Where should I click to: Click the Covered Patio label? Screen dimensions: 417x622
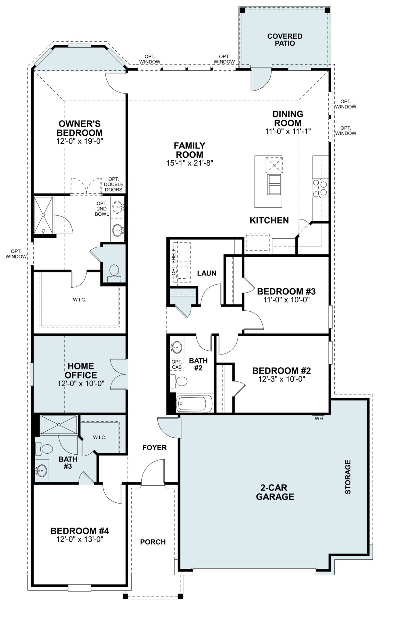click(x=285, y=40)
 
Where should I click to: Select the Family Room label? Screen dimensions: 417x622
click(x=189, y=150)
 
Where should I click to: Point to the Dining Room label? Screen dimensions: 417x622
click(x=288, y=118)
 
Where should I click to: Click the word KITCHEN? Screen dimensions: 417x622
click(x=269, y=220)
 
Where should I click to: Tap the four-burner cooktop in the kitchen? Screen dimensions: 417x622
click(x=320, y=188)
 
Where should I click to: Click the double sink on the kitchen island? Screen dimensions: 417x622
click(x=274, y=184)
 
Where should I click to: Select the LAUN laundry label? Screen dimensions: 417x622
click(x=207, y=273)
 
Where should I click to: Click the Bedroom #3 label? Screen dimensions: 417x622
click(x=286, y=291)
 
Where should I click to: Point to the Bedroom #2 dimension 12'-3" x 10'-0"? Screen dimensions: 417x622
click(x=282, y=379)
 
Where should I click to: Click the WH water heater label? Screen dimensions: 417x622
click(x=319, y=419)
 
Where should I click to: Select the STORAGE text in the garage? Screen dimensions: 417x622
click(x=348, y=477)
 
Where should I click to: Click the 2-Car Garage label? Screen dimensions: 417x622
click(x=275, y=492)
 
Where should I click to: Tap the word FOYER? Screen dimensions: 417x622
click(x=155, y=448)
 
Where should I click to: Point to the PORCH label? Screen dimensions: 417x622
click(x=153, y=542)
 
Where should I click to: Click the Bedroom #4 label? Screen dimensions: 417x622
click(x=80, y=531)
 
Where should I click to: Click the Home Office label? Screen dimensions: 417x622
click(x=81, y=370)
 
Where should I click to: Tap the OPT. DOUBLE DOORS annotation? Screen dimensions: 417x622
click(x=114, y=184)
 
